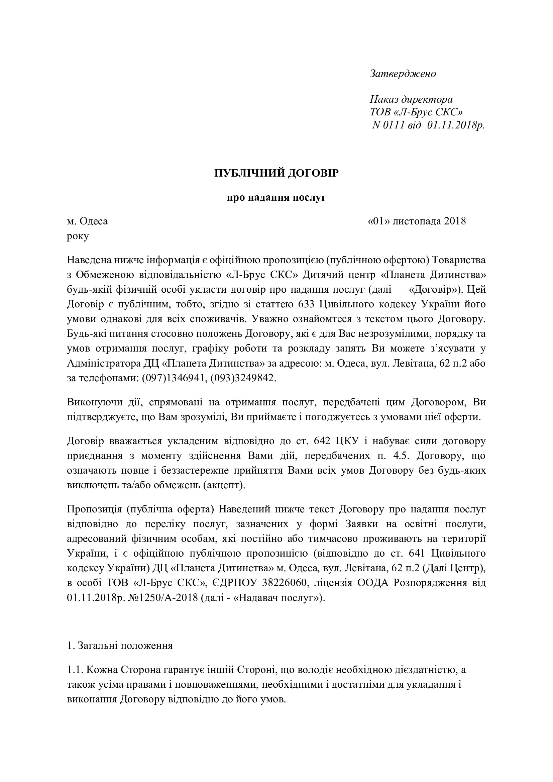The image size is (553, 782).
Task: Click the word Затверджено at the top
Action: click(403, 74)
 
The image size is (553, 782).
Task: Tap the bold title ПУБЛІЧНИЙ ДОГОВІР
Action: click(276, 173)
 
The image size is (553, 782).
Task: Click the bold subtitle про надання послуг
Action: click(276, 198)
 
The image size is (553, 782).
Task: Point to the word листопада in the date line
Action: click(417, 221)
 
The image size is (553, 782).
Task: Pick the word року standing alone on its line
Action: click(78, 236)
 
